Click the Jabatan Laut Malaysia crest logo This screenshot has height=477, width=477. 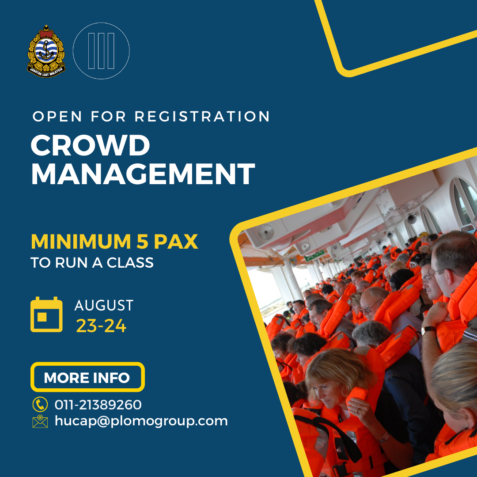click(x=46, y=51)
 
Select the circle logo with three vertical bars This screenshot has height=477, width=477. click(x=101, y=51)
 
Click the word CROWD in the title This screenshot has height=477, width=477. click(x=91, y=145)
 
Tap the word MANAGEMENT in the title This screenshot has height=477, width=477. click(x=143, y=174)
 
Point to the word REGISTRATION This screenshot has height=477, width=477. click(x=202, y=116)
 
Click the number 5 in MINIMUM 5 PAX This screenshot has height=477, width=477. click(x=142, y=242)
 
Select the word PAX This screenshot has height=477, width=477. click(x=176, y=242)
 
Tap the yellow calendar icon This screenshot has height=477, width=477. click(x=46, y=314)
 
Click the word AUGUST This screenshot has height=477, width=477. click(x=104, y=306)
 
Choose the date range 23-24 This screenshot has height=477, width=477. click(x=101, y=326)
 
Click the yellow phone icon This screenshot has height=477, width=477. click(x=40, y=404)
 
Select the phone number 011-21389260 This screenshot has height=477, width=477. click(x=98, y=405)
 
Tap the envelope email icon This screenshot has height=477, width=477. click(x=40, y=421)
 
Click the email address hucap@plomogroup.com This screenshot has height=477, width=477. click(x=141, y=421)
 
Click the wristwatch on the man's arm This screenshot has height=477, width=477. click(x=428, y=329)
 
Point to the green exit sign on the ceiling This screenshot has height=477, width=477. click(x=315, y=255)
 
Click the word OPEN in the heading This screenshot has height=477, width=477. click(x=57, y=116)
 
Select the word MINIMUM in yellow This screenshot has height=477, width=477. click(x=81, y=242)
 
